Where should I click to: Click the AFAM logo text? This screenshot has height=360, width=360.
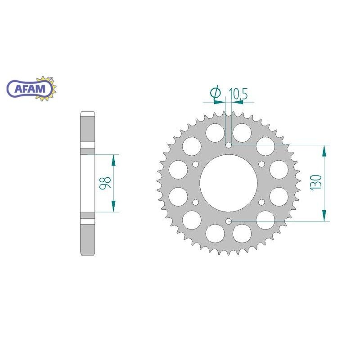[30, 89]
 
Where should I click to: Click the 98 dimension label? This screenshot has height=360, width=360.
[105, 183]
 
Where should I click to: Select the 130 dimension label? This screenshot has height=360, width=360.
[316, 183]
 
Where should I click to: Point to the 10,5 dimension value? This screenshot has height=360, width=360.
[238, 94]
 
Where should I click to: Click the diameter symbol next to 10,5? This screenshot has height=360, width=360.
[216, 93]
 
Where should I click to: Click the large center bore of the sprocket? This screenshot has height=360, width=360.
[229, 183]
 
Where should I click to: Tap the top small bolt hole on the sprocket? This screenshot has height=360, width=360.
[229, 145]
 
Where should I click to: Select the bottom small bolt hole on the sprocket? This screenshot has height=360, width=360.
[229, 221]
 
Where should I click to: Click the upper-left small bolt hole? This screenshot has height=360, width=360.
[196, 164]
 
